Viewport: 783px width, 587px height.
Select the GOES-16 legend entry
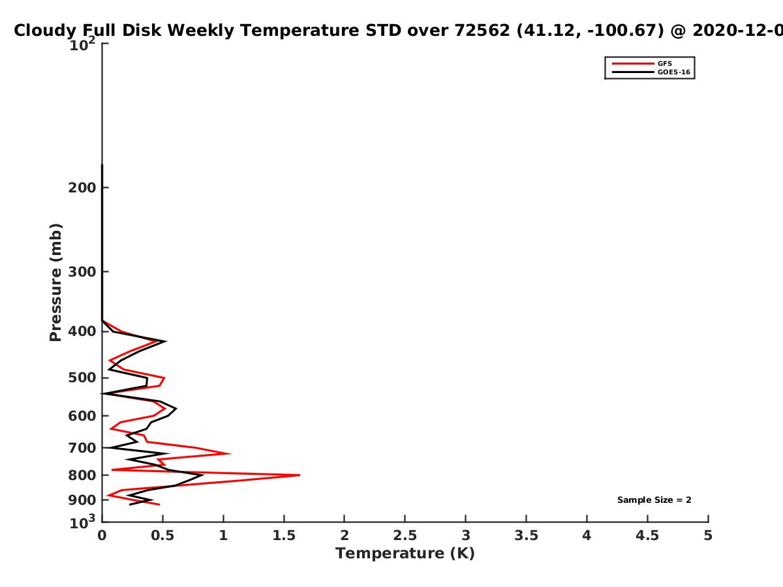point(651,72)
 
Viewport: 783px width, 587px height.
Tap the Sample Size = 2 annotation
point(654,500)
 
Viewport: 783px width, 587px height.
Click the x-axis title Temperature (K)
point(405,553)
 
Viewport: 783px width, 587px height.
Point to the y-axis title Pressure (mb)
point(55,282)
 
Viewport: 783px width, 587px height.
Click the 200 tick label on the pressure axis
point(82,187)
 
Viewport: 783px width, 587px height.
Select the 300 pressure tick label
point(82,272)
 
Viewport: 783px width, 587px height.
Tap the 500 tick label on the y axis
point(82,378)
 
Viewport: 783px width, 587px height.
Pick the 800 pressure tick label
point(82,475)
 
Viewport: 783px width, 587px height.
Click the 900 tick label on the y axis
point(82,500)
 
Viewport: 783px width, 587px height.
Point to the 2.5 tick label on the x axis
point(405,535)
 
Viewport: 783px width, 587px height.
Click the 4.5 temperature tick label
point(647,535)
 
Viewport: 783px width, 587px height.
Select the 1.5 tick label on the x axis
point(284,535)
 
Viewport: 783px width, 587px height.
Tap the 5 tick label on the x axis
point(708,535)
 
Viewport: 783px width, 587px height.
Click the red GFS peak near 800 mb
point(299,475)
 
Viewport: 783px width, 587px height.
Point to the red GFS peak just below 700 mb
point(231,454)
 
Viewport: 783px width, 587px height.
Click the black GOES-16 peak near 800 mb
point(203,475)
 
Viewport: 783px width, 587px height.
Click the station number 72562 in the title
point(482,30)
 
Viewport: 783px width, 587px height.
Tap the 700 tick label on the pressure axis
point(82,447)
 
